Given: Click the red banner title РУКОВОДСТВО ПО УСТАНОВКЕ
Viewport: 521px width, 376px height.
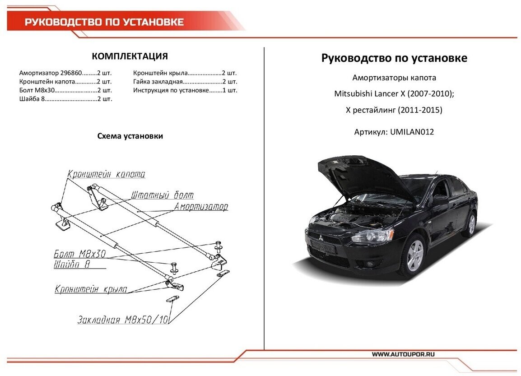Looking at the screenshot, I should (x=104, y=22).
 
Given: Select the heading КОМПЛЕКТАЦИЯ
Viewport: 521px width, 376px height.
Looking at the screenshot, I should (x=130, y=56).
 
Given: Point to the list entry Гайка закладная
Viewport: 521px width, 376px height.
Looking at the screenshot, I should (x=158, y=82).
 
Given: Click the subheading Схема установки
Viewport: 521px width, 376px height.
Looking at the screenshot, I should (x=130, y=136).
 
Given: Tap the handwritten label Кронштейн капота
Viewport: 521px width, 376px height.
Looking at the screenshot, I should (x=107, y=174).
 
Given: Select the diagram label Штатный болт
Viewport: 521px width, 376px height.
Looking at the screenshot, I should (x=162, y=195).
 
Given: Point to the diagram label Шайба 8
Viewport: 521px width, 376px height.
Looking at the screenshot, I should (x=71, y=265).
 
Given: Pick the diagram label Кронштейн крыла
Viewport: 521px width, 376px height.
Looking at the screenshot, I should (x=91, y=289).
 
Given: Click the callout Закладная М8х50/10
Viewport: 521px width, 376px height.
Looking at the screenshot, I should (x=123, y=320).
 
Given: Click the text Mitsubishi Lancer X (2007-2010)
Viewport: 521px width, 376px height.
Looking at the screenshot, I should (x=393, y=94).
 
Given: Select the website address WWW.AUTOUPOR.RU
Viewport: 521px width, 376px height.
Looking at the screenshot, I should (x=403, y=355).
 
